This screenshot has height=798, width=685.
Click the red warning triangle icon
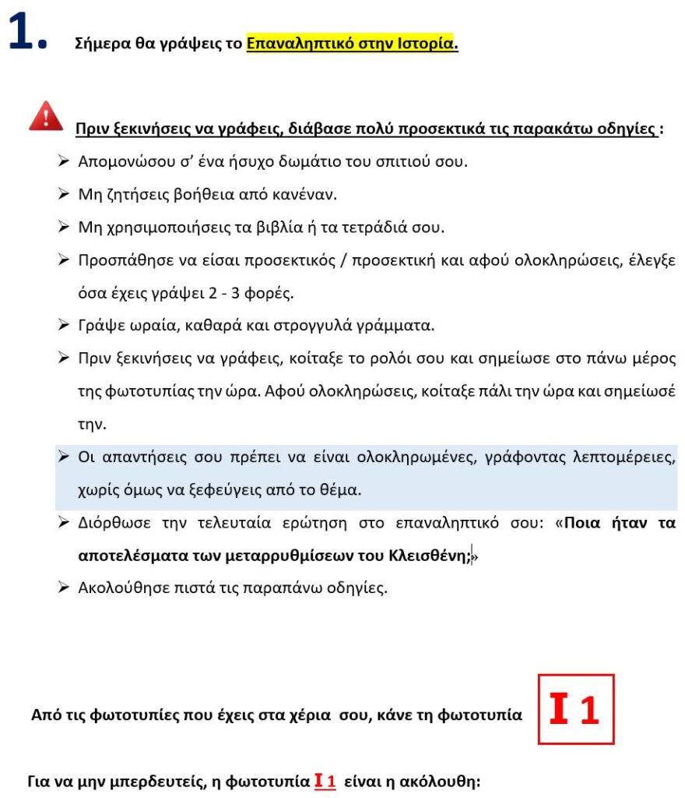(x=46, y=116)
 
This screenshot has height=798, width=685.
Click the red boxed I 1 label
(x=576, y=709)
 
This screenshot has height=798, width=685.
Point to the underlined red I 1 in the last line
(x=325, y=781)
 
